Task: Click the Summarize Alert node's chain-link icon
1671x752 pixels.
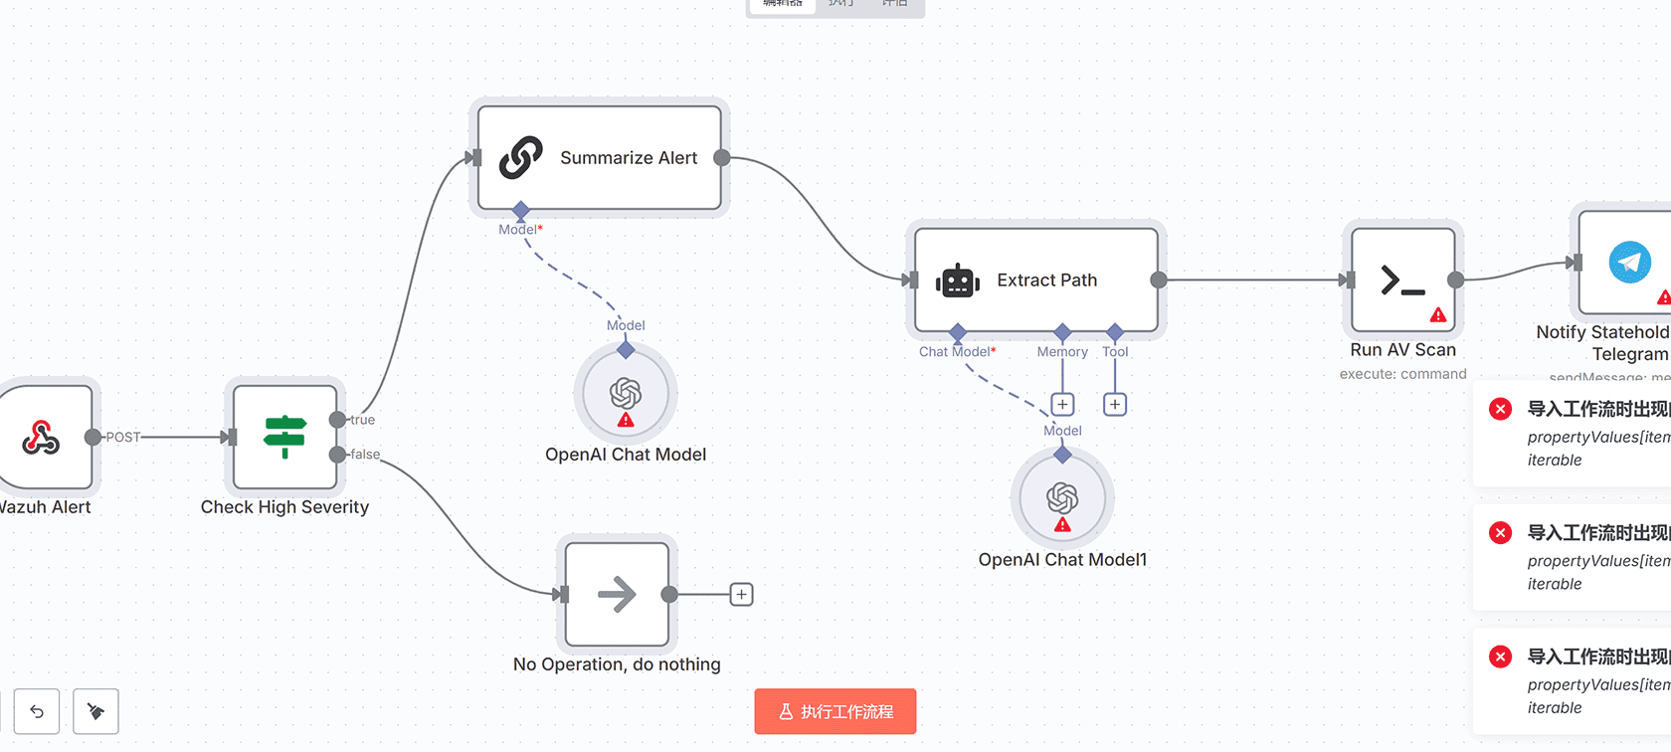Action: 520,158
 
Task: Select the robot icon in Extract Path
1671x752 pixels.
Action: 958,282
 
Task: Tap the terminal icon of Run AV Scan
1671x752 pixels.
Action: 1402,281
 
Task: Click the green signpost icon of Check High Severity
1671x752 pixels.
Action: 285,437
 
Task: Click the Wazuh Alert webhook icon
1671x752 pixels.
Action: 42,437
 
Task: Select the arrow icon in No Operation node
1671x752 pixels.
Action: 617,595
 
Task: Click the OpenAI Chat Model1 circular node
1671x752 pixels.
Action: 1062,497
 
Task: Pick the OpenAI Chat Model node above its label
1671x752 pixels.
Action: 626,394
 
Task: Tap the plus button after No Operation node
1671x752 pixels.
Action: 741,595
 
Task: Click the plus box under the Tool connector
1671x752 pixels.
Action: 1115,405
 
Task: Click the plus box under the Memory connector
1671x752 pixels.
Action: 1062,405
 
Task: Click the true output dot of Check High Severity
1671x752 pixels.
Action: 338,420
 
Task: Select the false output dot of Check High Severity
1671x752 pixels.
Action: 338,455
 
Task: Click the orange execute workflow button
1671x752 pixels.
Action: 835,712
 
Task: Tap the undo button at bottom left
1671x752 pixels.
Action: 37,711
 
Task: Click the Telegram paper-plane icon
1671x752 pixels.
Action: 1629,263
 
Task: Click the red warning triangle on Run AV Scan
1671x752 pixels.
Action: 1438,315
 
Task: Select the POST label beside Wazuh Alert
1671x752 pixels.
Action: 123,437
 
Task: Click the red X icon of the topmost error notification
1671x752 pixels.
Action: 1501,409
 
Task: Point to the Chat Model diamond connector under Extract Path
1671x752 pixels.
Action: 958,331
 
